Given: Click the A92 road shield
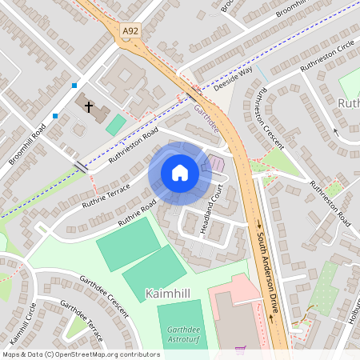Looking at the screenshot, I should (x=130, y=30).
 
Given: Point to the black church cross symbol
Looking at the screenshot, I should (x=88, y=106).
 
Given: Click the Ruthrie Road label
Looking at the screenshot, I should (x=135, y=213).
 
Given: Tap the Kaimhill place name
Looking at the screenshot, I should (x=168, y=294).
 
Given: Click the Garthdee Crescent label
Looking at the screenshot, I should (x=104, y=295).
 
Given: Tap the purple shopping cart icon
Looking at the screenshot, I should (x=240, y=350).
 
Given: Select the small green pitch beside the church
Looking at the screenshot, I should (x=116, y=125).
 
